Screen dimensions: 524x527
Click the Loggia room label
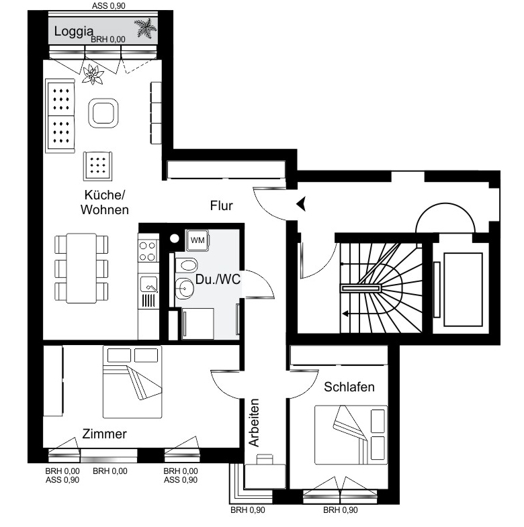74,32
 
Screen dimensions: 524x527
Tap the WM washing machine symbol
198,240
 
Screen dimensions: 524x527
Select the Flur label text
221,205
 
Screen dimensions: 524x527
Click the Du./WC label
218,279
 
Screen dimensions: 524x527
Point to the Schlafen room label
349,387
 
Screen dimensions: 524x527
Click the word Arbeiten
254,422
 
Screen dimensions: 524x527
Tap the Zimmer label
104,434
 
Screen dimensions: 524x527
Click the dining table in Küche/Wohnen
81,269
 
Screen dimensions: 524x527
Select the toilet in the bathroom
186,265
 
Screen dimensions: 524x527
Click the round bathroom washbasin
184,289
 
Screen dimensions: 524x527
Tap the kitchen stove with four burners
148,251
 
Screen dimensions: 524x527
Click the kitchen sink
148,285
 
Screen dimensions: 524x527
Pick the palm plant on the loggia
146,28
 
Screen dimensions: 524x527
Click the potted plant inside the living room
93,74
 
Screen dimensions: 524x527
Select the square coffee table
103,113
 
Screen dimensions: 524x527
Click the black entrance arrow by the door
301,203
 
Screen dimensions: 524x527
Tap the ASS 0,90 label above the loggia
109,6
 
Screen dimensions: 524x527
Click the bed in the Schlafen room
351,435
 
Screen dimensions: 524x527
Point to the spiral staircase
381,288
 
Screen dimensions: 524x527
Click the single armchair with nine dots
98,166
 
